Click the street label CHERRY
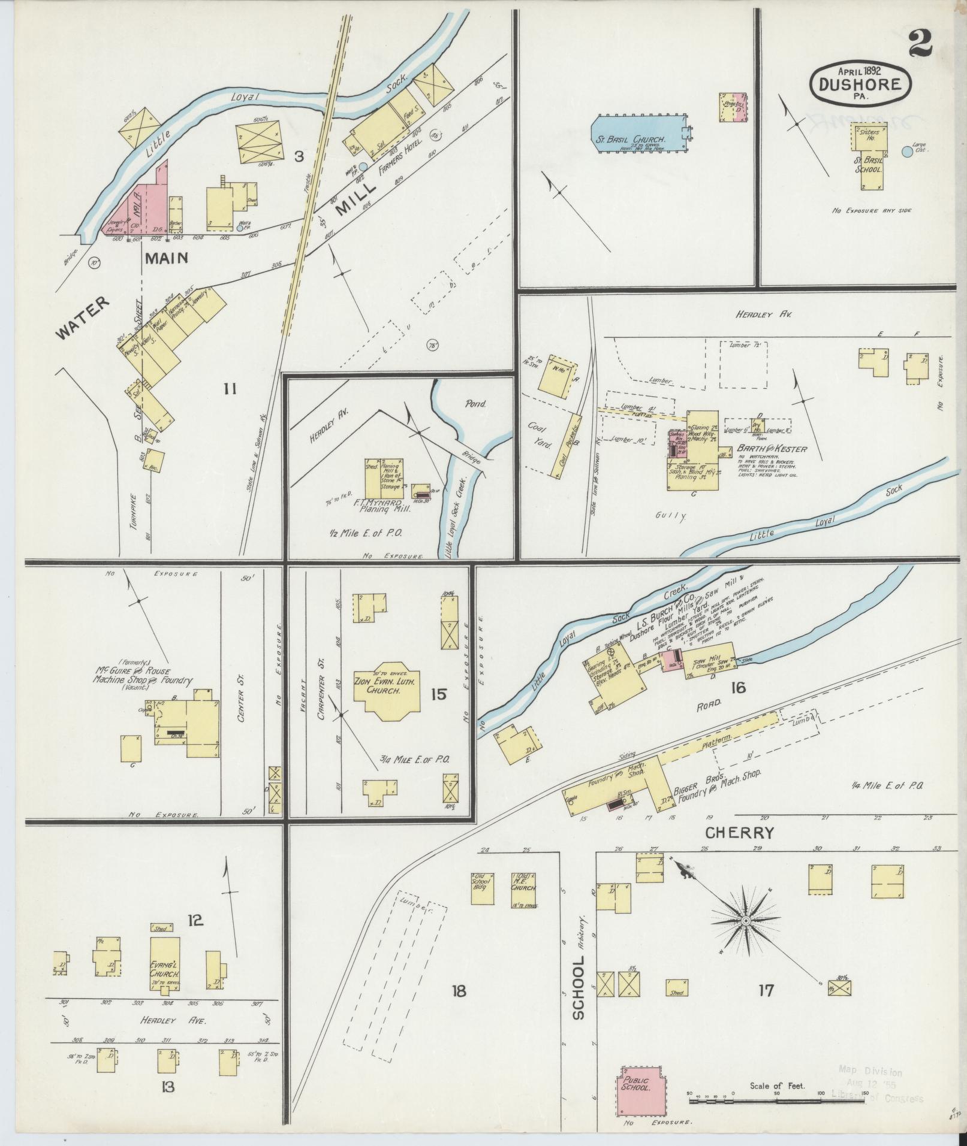click(x=739, y=833)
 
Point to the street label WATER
click(x=85, y=318)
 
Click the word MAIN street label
click(x=165, y=258)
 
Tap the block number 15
click(x=438, y=694)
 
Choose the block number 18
click(x=459, y=990)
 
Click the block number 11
click(x=230, y=389)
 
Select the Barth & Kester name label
click(x=778, y=449)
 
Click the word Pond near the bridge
click(x=477, y=404)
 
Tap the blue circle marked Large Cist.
click(x=907, y=152)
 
